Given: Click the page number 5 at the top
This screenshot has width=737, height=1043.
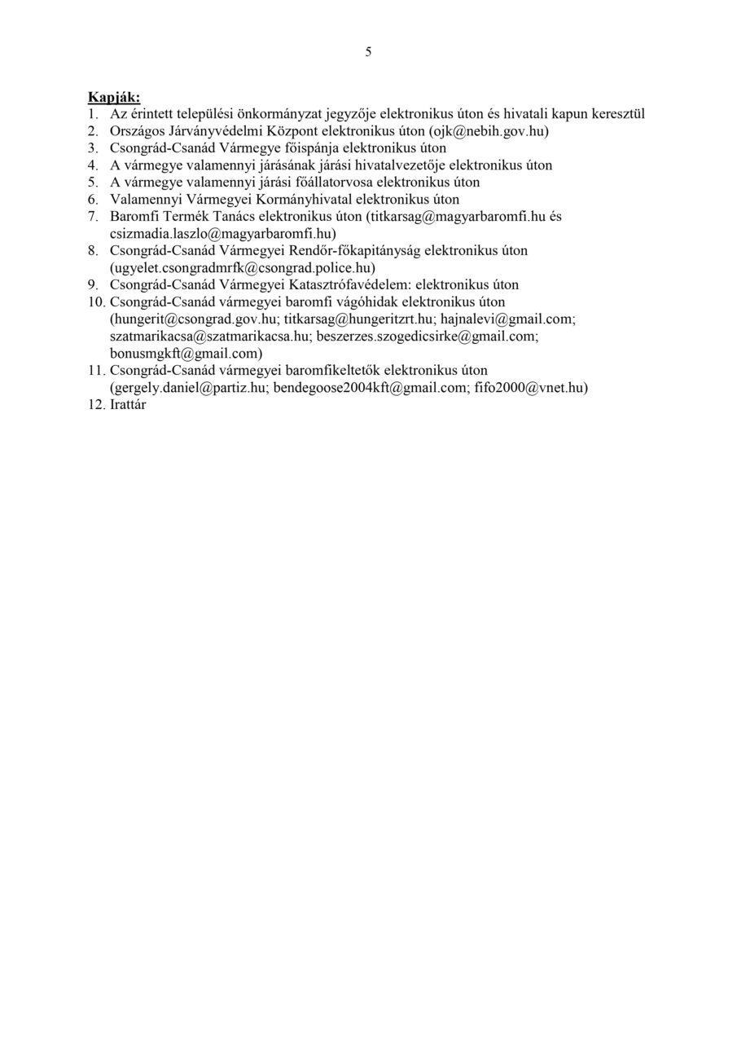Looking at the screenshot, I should (368, 52).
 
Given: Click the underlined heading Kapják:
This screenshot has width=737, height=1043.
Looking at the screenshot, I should (114, 98).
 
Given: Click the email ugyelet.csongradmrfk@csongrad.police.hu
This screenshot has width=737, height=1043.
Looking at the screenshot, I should (243, 267).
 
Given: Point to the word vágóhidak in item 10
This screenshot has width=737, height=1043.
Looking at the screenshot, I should (350, 302).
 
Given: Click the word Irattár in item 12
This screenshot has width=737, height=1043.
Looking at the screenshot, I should (128, 405).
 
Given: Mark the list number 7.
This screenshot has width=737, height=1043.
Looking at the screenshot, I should (93, 217).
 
